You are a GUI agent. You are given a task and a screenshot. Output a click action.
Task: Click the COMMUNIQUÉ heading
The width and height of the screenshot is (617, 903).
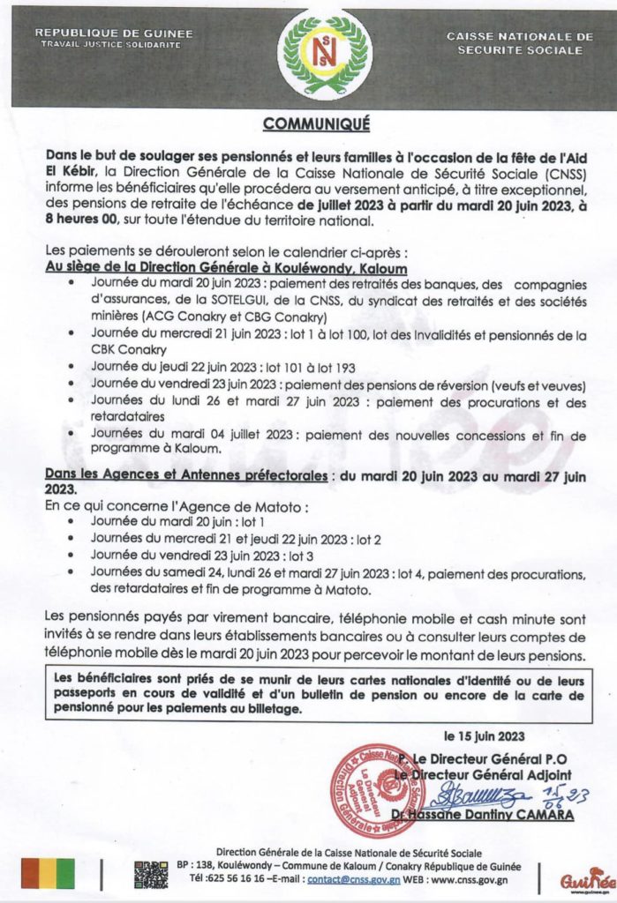pos(308,123)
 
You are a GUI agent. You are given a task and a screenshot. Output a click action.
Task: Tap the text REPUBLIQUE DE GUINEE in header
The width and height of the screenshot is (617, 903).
pos(113,34)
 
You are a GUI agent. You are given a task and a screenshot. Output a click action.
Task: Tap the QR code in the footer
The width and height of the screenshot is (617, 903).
pos(150,873)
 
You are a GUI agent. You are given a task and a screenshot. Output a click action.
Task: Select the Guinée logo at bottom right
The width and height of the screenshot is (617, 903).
pos(586,878)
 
